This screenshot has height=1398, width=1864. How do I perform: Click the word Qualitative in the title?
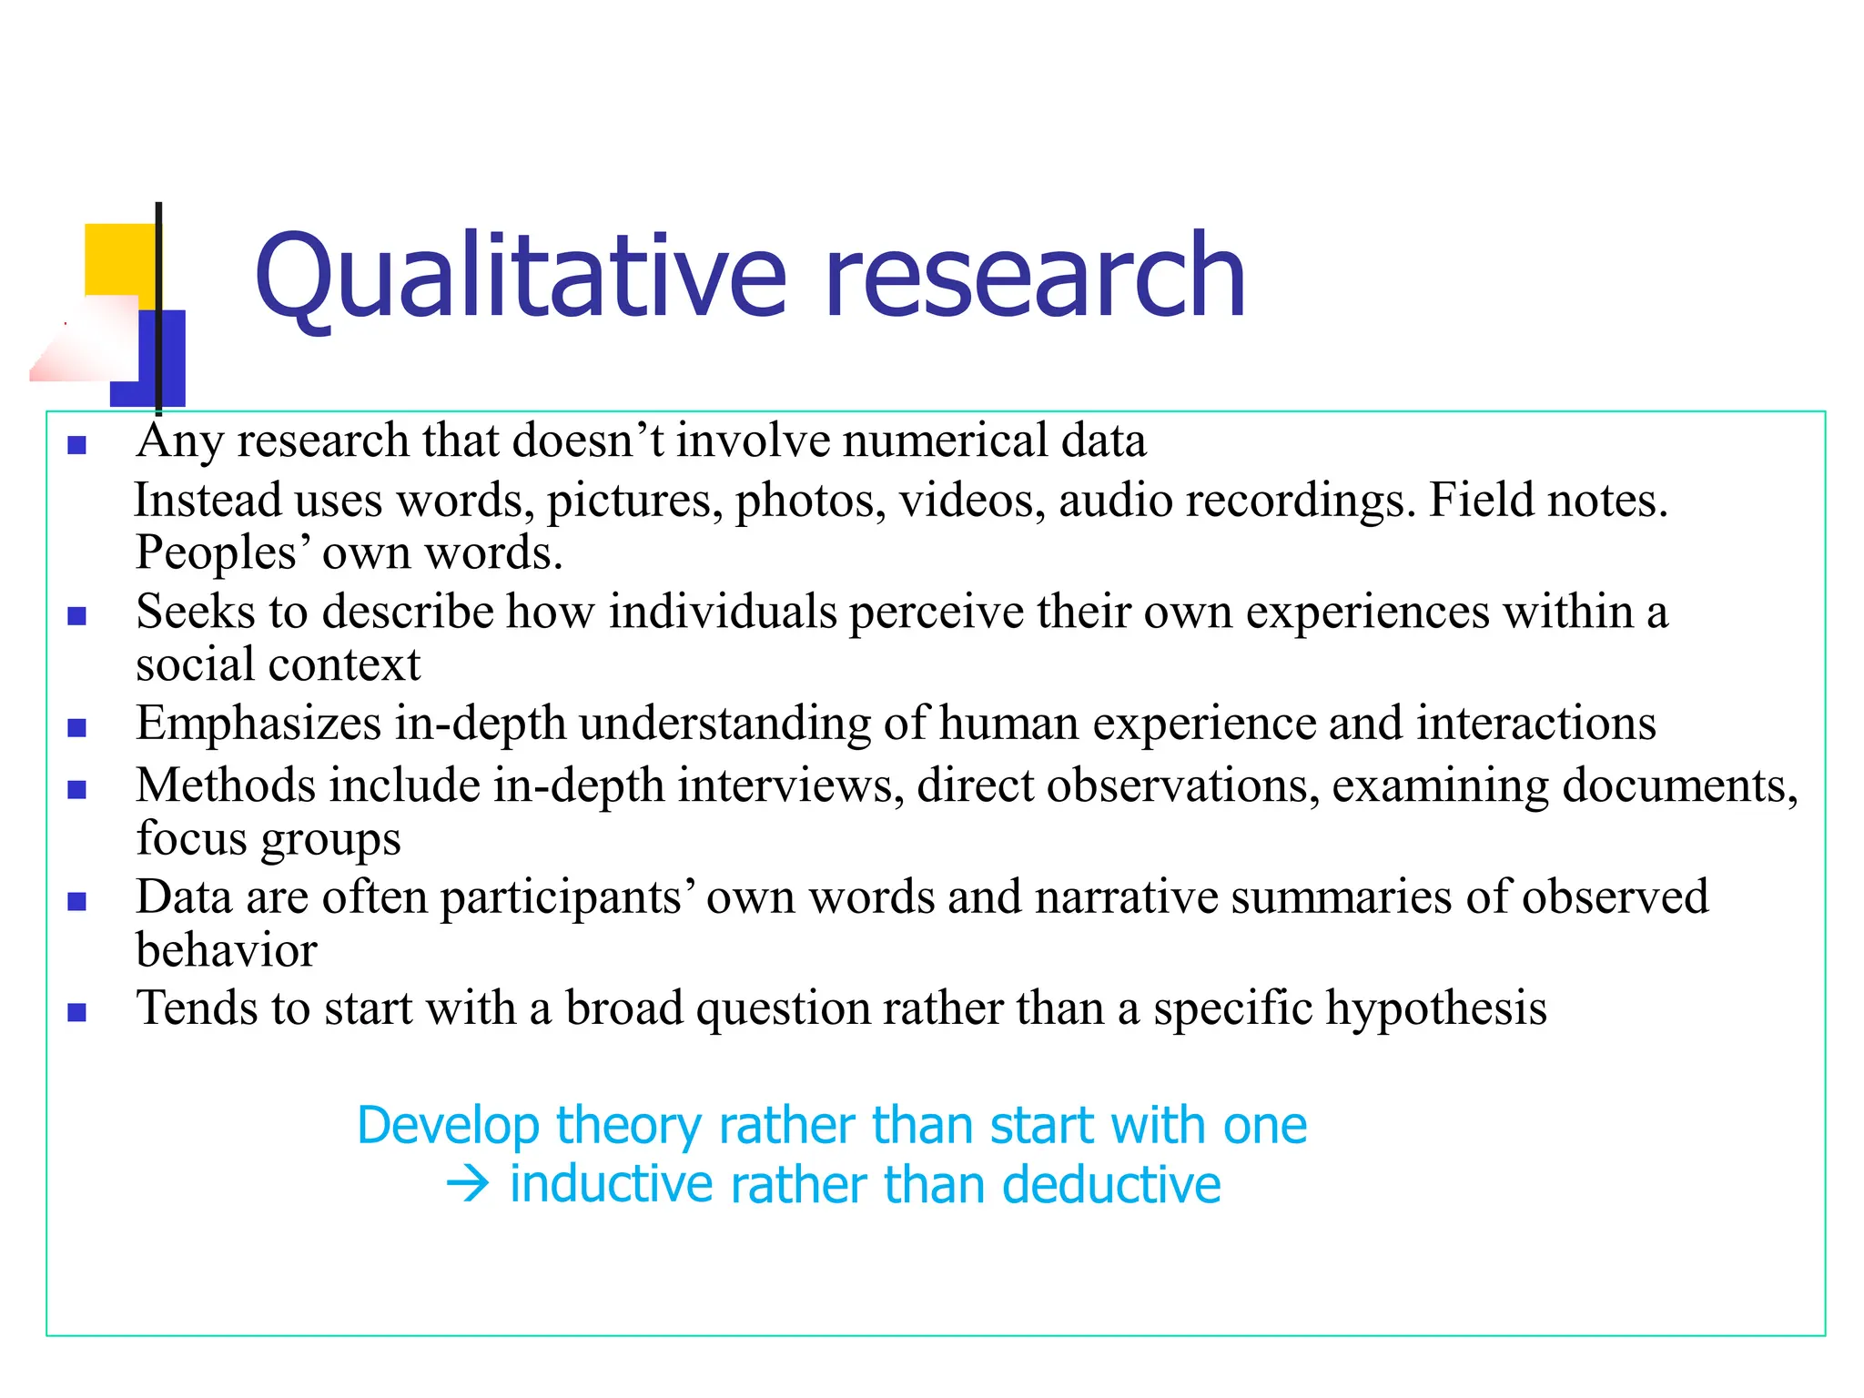point(519,275)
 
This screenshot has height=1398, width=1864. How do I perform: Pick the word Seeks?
point(196,611)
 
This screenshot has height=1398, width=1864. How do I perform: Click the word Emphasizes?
point(258,724)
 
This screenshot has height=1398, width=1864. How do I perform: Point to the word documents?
point(1679,785)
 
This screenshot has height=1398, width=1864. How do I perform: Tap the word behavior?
point(227,950)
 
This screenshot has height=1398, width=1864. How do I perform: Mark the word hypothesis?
point(1436,1008)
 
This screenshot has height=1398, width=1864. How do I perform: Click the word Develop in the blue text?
point(449,1126)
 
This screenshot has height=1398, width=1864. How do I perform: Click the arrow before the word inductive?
point(468,1184)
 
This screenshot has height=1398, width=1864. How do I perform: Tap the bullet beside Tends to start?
point(77,1012)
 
